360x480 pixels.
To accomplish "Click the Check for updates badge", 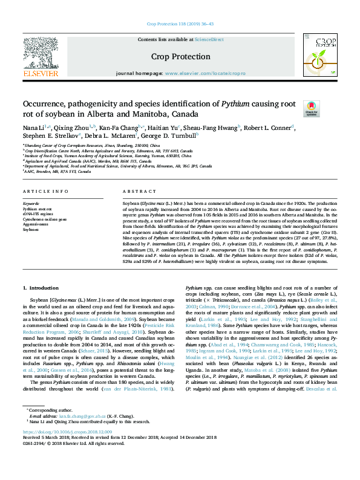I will click(x=312, y=108).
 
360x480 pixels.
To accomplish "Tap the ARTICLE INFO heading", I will click(x=45, y=191).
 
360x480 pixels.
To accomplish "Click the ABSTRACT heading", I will click(x=135, y=191).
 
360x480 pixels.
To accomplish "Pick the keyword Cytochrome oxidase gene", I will click(x=46, y=219).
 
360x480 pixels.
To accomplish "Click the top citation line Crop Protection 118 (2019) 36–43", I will click(x=180, y=24).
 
